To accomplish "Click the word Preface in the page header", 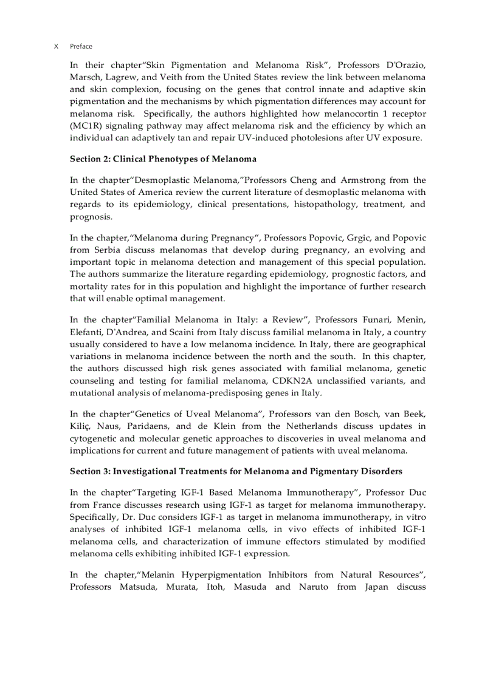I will pyautogui.click(x=81, y=46).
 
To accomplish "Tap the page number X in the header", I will pyautogui.click(x=56, y=46).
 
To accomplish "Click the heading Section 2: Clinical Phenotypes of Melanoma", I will pyautogui.click(x=163, y=159).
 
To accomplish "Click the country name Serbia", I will pyautogui.click(x=109, y=250).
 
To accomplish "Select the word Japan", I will pyautogui.click(x=374, y=587).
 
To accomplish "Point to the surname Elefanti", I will pyautogui.click(x=86, y=332).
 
